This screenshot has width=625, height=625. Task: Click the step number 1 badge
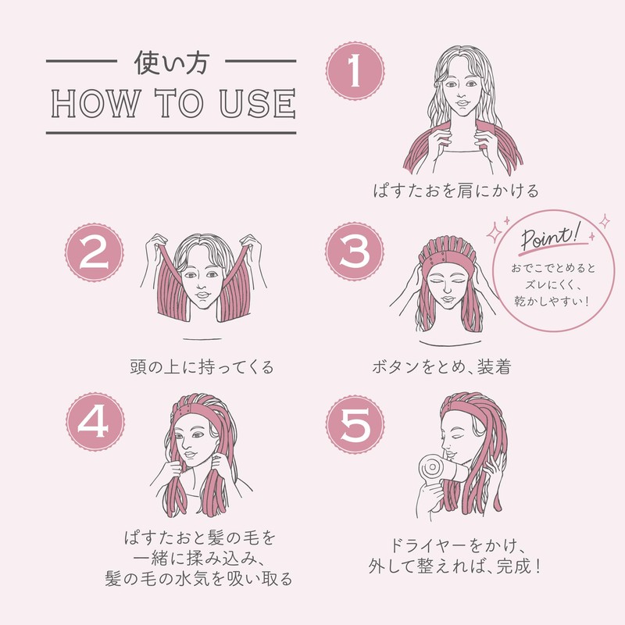[355, 71]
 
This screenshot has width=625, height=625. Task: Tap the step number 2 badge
[95, 252]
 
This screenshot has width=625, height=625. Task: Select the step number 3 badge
[355, 252]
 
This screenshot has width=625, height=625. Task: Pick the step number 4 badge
[95, 422]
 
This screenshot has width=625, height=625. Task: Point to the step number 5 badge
[355, 424]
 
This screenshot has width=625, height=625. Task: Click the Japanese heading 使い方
[171, 62]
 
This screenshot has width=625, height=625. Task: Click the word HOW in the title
[96, 103]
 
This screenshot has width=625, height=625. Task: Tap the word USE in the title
[258, 103]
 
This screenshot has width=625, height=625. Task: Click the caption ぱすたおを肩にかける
[456, 191]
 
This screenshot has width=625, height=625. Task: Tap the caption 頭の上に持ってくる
[202, 367]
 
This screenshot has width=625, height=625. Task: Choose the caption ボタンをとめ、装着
[441, 367]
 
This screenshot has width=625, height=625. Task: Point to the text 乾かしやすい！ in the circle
[552, 301]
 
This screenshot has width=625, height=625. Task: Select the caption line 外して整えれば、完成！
[455, 566]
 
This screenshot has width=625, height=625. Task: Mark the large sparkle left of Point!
[495, 232]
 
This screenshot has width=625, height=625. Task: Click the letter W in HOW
[124, 103]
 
